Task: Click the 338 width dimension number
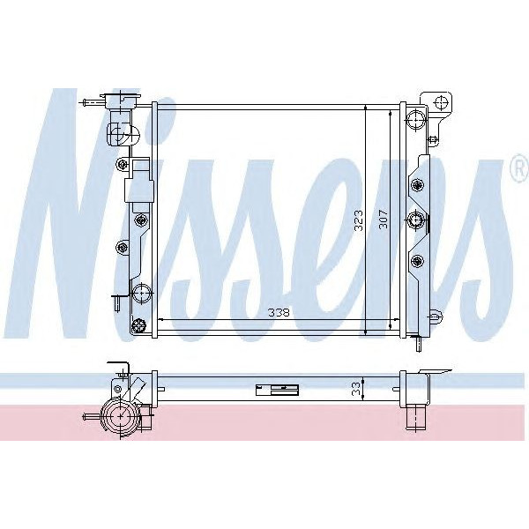(279, 313)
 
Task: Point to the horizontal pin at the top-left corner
(90, 103)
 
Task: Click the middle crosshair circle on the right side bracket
(417, 220)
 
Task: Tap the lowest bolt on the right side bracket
(417, 259)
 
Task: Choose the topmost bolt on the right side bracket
(417, 183)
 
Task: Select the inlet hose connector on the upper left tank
(121, 135)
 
